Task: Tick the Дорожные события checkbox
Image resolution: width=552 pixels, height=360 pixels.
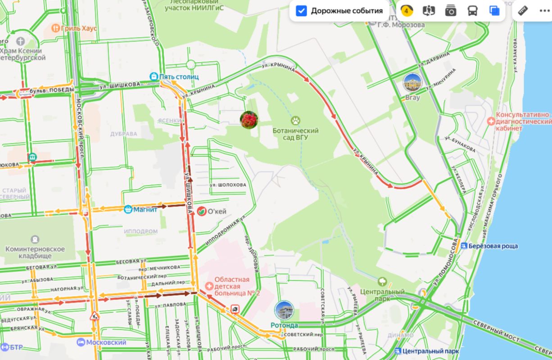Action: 301,11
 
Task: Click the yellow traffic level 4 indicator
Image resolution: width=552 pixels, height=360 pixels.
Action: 407,11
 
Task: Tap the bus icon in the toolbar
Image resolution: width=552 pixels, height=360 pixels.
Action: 472,11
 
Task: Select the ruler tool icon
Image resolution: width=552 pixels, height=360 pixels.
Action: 523,11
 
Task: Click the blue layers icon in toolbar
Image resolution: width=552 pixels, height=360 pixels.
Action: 494,11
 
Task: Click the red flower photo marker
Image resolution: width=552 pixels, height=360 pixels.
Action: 249,120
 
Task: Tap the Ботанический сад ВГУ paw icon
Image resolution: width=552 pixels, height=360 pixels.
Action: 295,120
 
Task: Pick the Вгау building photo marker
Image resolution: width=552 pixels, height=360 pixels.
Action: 412,83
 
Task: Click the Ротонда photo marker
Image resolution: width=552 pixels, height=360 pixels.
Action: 284,310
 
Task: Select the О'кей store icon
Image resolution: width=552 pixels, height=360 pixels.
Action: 202,211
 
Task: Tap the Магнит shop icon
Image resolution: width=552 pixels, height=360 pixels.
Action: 128,209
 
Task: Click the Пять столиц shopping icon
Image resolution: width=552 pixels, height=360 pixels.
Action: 154,76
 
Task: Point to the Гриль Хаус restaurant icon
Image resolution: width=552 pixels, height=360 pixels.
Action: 56,28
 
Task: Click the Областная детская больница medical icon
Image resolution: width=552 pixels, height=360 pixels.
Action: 209,286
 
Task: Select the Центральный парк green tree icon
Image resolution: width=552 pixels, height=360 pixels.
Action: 382,282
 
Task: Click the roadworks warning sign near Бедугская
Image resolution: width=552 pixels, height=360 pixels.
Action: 95,315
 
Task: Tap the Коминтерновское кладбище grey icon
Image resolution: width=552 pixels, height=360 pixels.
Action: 35,239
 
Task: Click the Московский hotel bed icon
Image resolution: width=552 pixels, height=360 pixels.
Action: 81,342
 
